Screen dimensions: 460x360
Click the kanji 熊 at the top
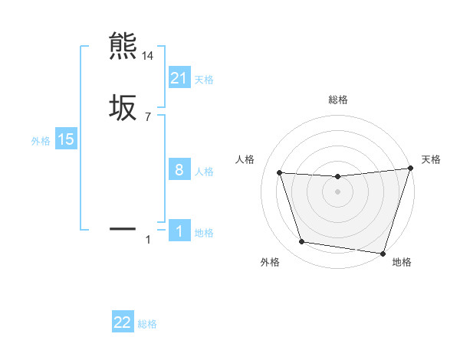pos(123,47)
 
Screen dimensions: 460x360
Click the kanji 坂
pos(123,107)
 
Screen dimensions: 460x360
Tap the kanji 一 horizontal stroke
pos(123,228)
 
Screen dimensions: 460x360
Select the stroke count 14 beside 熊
pos(148,56)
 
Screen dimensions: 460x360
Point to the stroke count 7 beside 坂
pos(148,117)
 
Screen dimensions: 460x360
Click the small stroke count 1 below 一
pos(148,241)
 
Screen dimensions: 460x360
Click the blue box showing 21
pos(179,77)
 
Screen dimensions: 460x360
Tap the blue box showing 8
pos(179,170)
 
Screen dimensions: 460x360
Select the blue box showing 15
pos(66,139)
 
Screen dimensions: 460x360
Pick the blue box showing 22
pos(123,322)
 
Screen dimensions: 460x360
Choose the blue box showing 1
pos(179,231)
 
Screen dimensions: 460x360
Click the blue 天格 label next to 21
pos(204,79)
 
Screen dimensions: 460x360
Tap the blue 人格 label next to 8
pos(204,172)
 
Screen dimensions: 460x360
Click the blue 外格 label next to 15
pos(41,141)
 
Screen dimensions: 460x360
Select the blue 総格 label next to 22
pos(147,324)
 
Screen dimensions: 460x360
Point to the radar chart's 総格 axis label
pos(337,100)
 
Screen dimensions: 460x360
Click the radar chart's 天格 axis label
pos(431,159)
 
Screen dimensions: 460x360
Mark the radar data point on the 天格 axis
pos(410,169)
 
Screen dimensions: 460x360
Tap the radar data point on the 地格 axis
pos(383,253)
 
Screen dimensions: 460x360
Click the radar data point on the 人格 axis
pos(280,173)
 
